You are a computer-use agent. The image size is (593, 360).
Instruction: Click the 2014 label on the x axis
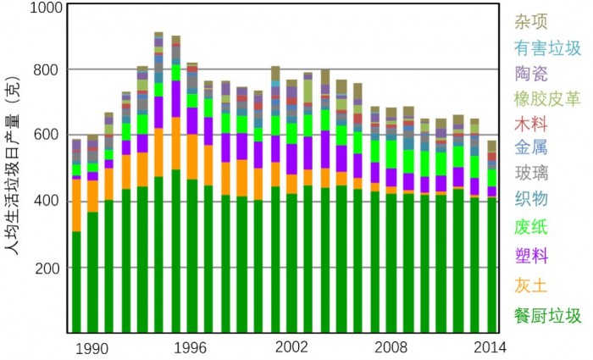pyautogui.click(x=489, y=347)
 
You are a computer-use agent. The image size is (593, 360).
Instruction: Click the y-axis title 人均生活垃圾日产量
pyautogui.click(x=14, y=169)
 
